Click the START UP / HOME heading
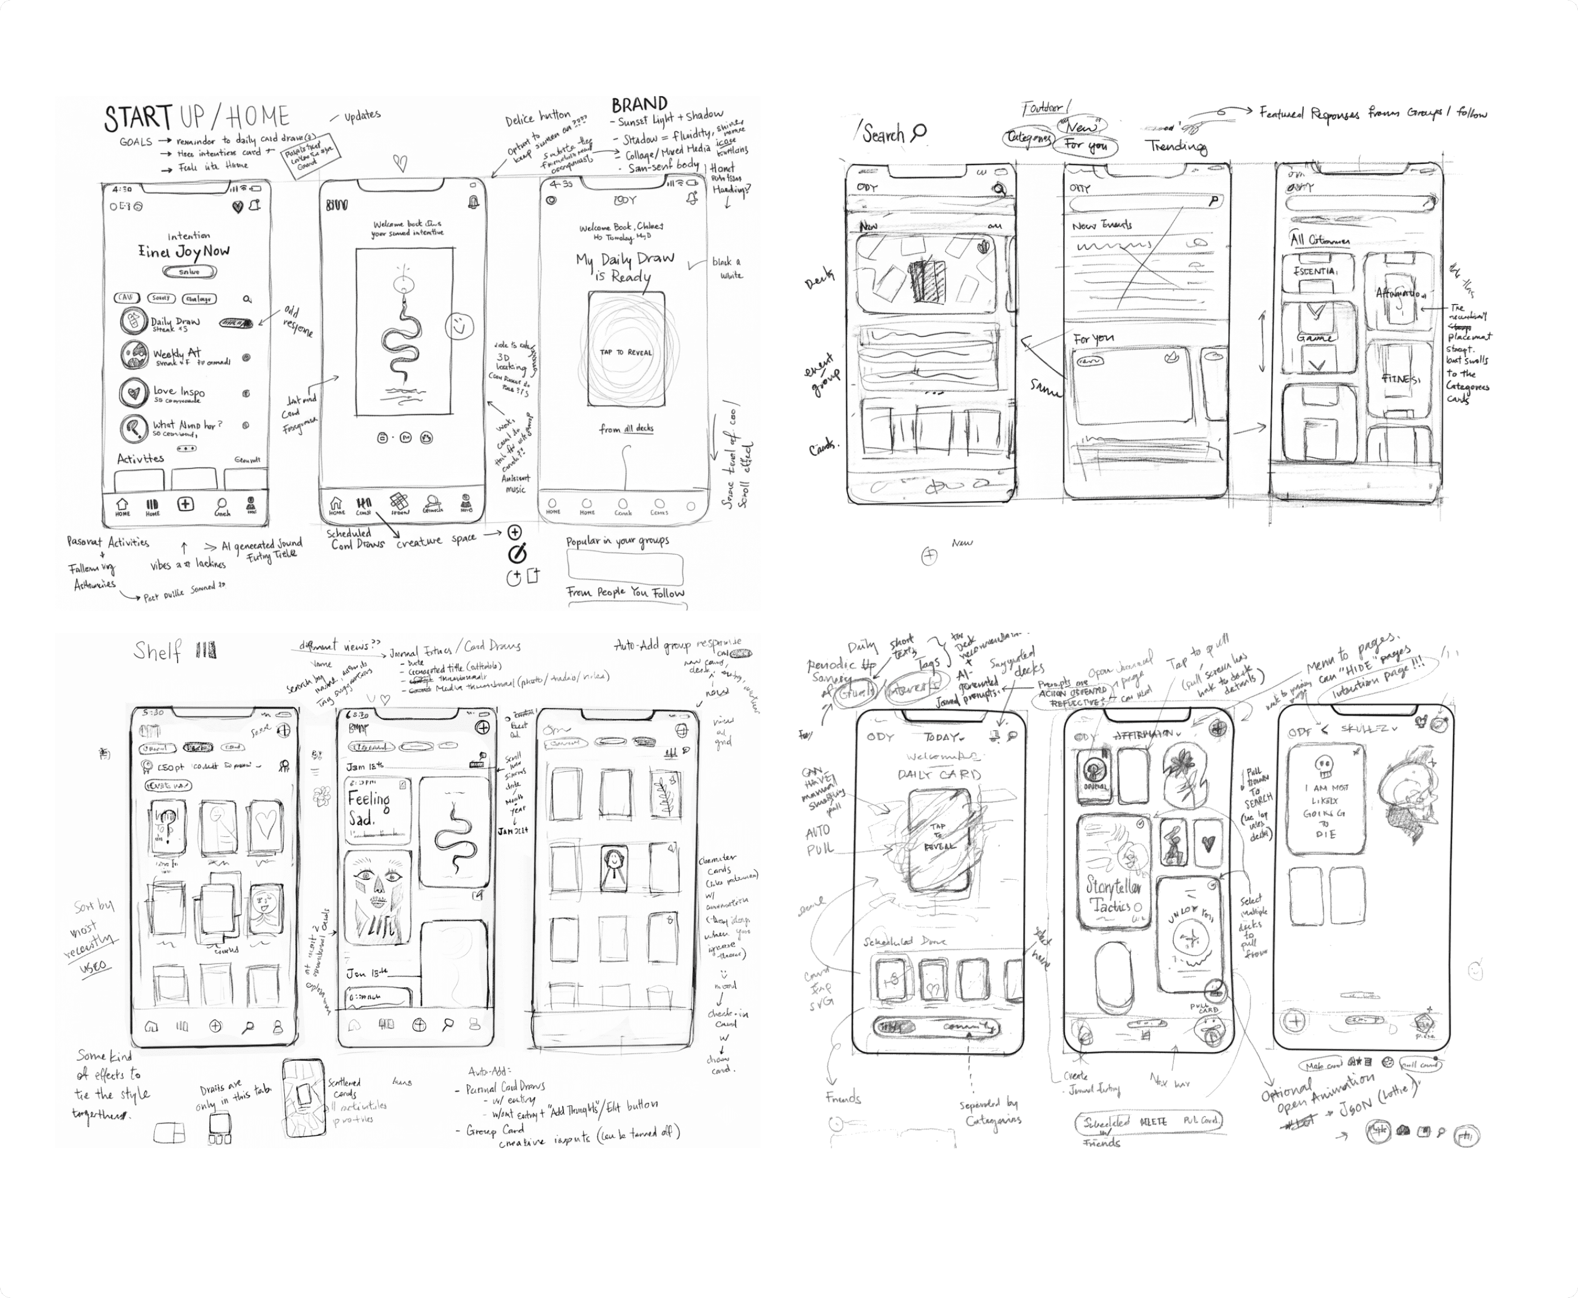(x=196, y=118)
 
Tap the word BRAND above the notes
(x=639, y=105)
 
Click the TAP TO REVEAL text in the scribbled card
(x=626, y=352)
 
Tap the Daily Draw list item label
(x=176, y=322)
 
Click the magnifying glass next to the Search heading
(x=919, y=132)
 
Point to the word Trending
(x=1176, y=146)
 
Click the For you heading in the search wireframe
(x=1094, y=338)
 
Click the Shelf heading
(x=157, y=651)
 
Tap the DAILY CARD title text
(x=939, y=775)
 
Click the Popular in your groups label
(x=617, y=541)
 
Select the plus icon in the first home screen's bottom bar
(x=185, y=504)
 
